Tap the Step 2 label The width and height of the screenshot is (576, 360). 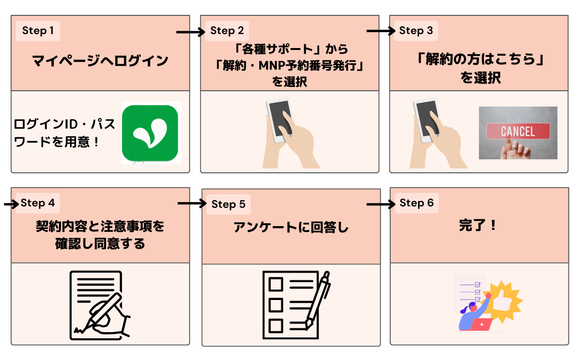tap(227, 31)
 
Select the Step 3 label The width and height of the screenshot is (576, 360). tap(416, 31)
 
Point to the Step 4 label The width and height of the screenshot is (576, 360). tap(37, 203)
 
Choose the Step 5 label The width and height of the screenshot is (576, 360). tap(228, 204)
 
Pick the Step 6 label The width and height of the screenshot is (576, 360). tap(416, 203)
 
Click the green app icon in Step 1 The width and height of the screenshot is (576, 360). tap(150, 132)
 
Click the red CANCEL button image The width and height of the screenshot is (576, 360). tap(517, 131)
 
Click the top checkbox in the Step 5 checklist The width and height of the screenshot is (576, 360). tap(276, 285)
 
